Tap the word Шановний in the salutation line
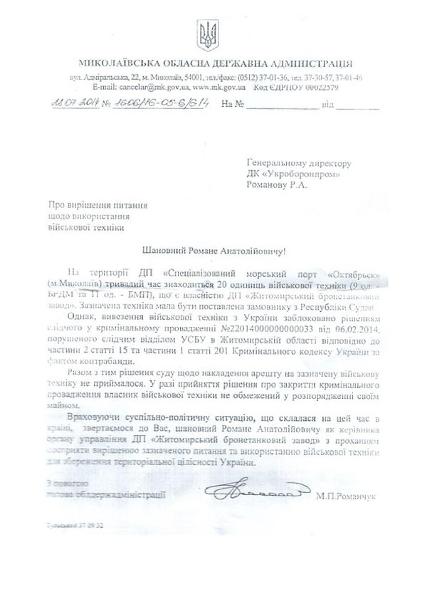[160, 250]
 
